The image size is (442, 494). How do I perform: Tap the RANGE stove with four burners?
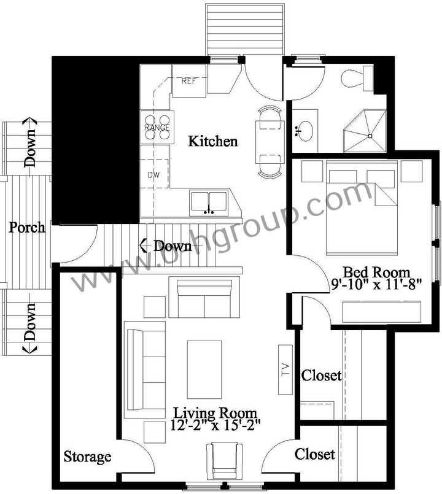[157, 127]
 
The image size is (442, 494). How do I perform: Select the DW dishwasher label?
[153, 174]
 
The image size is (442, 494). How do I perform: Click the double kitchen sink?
[209, 202]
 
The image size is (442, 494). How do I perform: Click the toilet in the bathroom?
[356, 79]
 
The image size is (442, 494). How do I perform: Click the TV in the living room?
[285, 369]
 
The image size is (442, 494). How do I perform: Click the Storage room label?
[88, 457]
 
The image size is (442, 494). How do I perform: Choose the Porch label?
[27, 228]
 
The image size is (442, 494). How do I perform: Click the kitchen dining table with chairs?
[269, 142]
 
